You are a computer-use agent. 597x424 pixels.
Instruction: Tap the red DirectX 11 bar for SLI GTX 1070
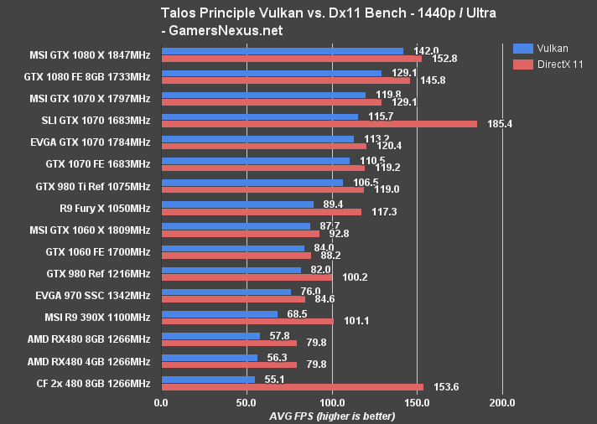(319, 124)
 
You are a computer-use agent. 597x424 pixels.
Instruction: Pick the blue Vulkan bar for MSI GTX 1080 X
(282, 51)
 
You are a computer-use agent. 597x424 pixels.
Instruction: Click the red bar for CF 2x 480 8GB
(292, 387)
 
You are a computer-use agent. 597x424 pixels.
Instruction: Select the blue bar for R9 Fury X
(237, 204)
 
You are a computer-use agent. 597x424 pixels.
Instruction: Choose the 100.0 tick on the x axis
(332, 402)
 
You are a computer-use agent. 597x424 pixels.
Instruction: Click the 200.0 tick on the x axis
(502, 402)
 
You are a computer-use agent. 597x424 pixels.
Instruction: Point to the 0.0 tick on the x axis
(162, 402)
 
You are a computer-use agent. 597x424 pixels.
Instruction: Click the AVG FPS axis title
(332, 416)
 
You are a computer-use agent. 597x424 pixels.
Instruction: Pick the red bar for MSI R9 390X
(247, 321)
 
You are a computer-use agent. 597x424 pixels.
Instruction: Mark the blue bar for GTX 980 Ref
(231, 270)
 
